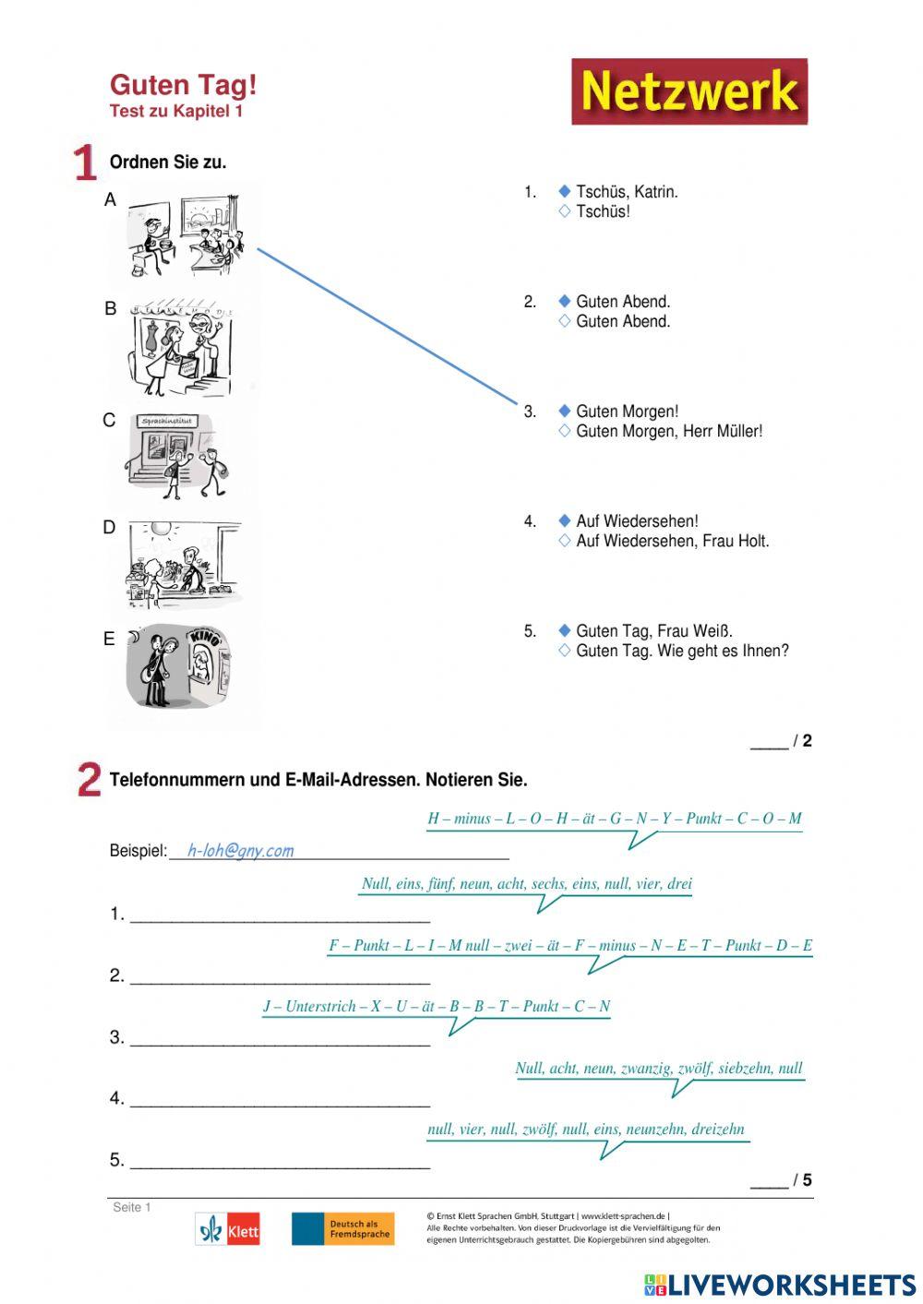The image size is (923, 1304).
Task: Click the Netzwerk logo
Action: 689,91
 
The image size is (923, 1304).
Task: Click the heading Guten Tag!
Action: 183,85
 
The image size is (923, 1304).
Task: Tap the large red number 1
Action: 85,162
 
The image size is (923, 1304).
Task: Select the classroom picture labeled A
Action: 185,235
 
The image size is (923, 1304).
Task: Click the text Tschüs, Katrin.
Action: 627,192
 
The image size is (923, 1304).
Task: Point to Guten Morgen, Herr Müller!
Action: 668,431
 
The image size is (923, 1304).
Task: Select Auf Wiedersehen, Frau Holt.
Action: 672,541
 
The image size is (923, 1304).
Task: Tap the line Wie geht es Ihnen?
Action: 723,651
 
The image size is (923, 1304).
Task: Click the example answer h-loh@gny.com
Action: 240,850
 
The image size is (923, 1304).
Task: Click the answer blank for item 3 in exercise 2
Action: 280,1037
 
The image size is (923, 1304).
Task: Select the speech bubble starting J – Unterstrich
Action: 437,1007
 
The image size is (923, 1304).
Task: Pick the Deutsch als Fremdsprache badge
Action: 342,1229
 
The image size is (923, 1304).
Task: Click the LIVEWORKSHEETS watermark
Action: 780,1285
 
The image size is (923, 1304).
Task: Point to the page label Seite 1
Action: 131,1207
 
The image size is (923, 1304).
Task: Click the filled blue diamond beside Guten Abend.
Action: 565,301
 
